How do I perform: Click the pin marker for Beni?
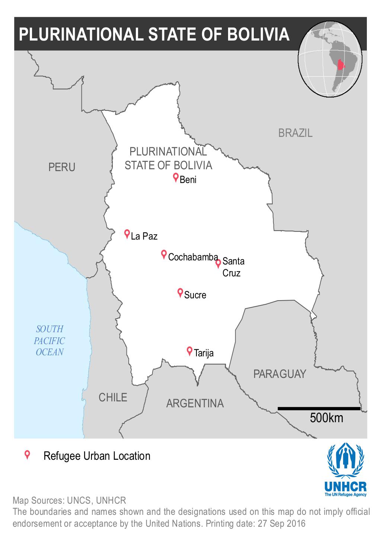(176, 178)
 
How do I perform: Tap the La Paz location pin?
(127, 234)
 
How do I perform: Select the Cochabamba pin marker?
(163, 254)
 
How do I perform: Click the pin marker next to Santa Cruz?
(218, 263)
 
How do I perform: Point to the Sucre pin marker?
(180, 293)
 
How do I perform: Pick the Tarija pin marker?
(189, 351)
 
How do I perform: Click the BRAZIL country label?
(295, 133)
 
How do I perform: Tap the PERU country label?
(62, 167)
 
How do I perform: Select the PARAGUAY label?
(279, 374)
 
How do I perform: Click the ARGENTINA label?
(195, 403)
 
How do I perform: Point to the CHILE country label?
(113, 397)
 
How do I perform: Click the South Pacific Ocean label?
(49, 340)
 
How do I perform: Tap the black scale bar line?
(319, 408)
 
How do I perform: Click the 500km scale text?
(326, 418)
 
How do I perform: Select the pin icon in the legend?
(27, 455)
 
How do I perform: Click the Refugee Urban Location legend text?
(97, 456)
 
